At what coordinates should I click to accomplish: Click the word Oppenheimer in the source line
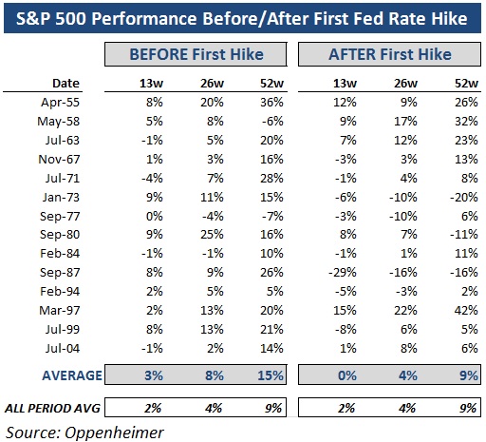114,432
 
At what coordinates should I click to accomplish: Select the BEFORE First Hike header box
196,54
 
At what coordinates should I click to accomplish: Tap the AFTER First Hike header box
389,54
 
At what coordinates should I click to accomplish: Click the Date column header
65,83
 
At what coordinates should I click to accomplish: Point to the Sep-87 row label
60,272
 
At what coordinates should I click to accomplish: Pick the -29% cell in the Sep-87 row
342,272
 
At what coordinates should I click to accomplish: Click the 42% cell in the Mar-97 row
466,310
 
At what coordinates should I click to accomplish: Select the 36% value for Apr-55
271,102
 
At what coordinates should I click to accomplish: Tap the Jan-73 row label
61,197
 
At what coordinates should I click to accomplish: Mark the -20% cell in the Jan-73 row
464,197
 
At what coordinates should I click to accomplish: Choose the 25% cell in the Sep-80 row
212,235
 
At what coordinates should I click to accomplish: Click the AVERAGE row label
72,375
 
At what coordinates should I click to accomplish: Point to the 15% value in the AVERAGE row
271,375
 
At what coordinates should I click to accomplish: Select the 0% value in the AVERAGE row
347,375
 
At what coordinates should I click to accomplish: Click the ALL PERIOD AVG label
52,408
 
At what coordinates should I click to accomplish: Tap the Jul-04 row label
63,348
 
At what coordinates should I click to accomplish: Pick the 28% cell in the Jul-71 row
271,178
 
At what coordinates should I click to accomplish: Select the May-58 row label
59,122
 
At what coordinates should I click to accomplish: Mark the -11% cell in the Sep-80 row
464,235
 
